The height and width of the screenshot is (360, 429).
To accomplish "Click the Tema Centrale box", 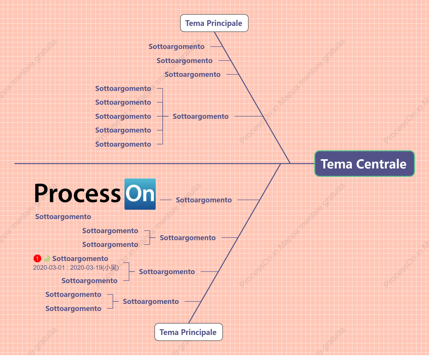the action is click(364, 164).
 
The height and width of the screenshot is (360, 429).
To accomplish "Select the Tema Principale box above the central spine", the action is click(214, 23).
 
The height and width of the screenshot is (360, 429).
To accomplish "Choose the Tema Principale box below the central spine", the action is click(188, 332).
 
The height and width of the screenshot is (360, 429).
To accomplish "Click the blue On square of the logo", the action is click(140, 194).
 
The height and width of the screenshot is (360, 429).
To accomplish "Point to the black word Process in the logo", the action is click(77, 193).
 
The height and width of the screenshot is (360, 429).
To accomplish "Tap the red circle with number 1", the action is click(37, 258).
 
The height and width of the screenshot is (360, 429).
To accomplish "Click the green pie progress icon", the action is click(47, 258).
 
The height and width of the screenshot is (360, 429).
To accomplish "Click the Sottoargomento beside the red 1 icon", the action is click(80, 258).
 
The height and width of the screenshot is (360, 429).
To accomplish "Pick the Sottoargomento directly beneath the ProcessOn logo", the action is click(63, 217).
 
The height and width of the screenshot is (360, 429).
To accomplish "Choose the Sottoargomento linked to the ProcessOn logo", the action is click(204, 200).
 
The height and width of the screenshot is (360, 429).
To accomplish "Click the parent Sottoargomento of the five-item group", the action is click(200, 116).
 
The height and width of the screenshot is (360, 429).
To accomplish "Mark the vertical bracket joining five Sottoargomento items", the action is click(163, 116).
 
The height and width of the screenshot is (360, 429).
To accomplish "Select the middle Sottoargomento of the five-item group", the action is click(123, 116).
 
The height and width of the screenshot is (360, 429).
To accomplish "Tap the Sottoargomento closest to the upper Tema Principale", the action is click(176, 46).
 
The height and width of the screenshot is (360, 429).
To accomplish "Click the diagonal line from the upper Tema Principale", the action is click(252, 98).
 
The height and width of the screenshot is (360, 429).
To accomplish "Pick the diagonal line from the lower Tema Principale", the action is click(235, 243).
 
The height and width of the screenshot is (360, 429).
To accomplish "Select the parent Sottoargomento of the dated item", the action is click(167, 272).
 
